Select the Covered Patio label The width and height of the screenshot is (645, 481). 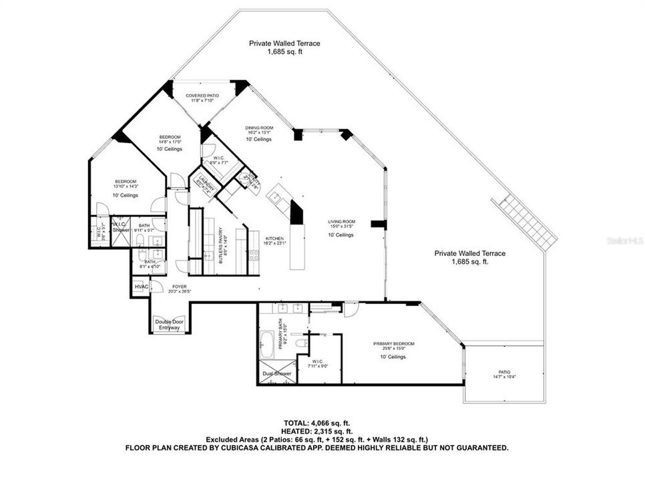202,96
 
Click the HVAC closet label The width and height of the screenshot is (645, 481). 141,287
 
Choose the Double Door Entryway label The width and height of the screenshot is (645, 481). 169,325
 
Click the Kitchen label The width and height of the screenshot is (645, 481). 274,238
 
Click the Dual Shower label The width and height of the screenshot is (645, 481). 274,373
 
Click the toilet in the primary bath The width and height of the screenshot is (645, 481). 302,343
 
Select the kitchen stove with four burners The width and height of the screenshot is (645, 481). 254,254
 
